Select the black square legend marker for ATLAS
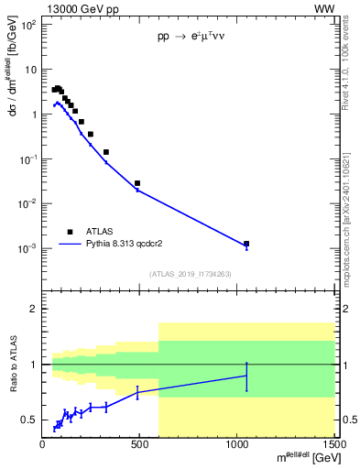click(69, 232)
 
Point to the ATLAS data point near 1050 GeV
click(246, 244)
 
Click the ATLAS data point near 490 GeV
click(137, 183)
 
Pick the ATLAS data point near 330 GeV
click(106, 152)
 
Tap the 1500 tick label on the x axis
click(335, 446)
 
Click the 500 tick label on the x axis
click(140, 446)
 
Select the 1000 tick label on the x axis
click(237, 446)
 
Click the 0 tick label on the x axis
click(42, 446)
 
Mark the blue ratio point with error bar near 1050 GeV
click(246, 376)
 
